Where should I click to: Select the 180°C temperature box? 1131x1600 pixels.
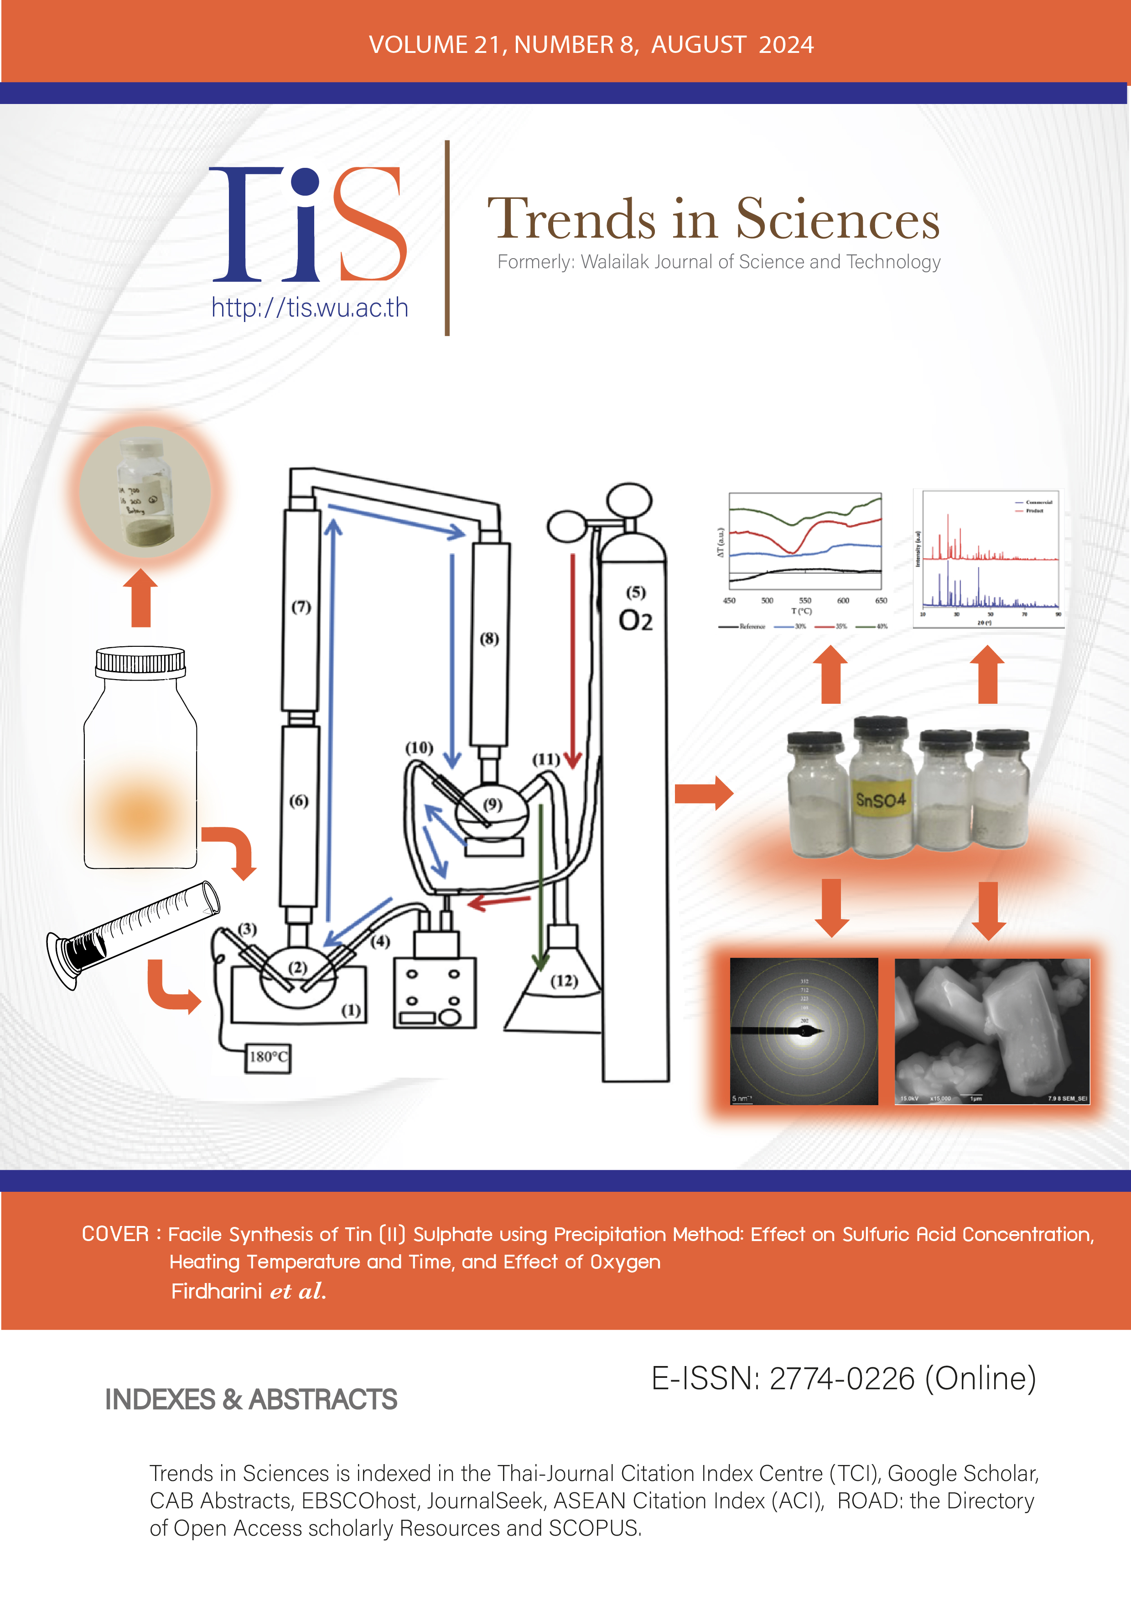click(x=268, y=1057)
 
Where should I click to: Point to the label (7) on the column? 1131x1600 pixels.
click(x=301, y=607)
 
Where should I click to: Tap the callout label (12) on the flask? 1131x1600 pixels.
click(x=564, y=981)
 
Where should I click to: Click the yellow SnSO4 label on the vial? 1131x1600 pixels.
click(x=881, y=799)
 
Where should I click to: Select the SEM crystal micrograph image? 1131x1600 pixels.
click(x=991, y=1031)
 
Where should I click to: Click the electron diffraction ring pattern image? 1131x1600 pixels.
click(x=804, y=1031)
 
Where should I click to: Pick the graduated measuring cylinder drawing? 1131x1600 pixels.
click(x=132, y=934)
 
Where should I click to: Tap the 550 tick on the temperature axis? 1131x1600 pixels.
click(x=805, y=600)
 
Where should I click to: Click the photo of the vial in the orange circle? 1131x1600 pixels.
click(x=145, y=491)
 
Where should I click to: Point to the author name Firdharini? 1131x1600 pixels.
click(x=216, y=1291)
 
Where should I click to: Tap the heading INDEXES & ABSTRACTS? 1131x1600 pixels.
click(x=251, y=1399)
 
